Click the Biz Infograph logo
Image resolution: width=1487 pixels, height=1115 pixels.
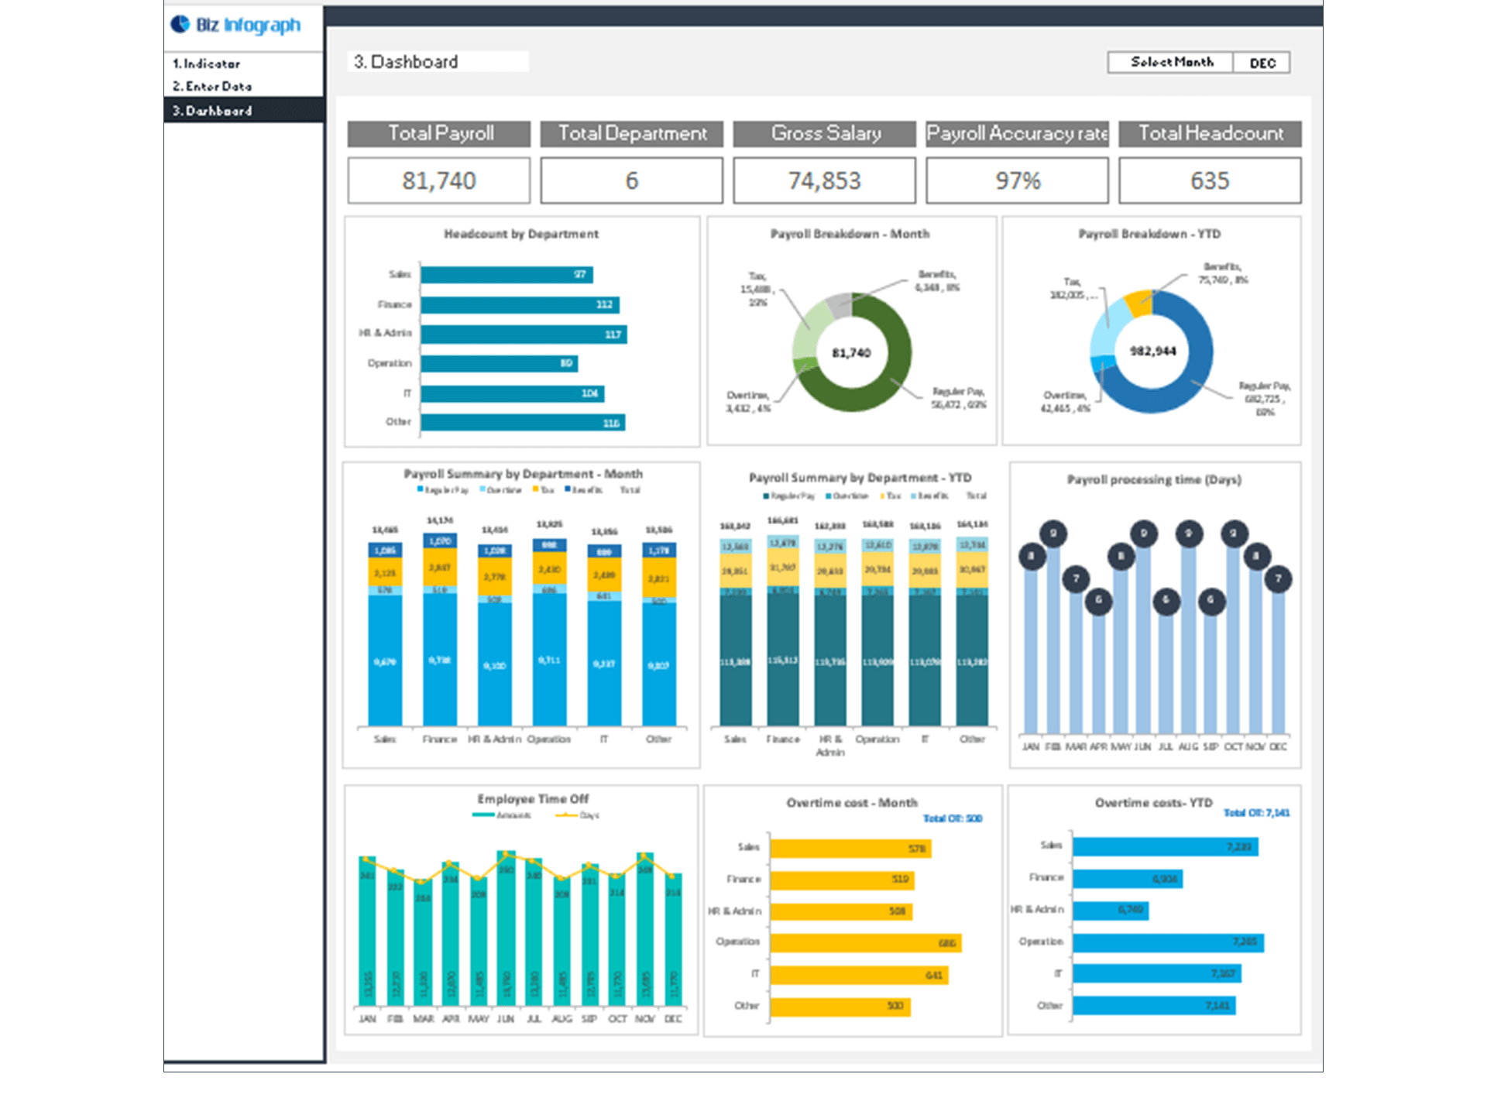point(235,25)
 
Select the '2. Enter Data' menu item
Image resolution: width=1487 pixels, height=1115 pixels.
point(212,86)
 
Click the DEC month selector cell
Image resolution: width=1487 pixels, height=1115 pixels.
point(1262,63)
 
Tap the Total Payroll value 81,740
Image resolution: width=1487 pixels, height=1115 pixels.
point(438,180)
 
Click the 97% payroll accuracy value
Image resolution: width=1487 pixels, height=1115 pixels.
point(1017,180)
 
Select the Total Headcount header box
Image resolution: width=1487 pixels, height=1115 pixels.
point(1210,133)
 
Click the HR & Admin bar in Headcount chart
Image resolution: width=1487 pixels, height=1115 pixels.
point(524,334)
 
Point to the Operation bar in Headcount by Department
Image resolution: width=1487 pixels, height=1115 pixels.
point(499,363)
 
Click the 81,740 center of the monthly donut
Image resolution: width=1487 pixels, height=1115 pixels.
point(851,353)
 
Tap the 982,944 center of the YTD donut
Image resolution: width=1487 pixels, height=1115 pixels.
point(1152,352)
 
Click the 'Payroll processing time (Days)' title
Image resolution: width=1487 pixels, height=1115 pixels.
point(1154,480)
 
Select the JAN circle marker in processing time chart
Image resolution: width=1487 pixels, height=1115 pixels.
point(1031,556)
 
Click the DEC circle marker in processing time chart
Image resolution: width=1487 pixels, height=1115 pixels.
point(1278,578)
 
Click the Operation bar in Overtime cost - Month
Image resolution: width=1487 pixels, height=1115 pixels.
point(865,942)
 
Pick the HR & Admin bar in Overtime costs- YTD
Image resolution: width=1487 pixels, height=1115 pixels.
point(1110,910)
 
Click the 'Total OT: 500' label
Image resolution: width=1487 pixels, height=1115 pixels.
point(952,818)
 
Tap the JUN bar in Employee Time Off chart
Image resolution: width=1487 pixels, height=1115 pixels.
point(506,929)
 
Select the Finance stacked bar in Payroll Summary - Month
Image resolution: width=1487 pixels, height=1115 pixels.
point(439,629)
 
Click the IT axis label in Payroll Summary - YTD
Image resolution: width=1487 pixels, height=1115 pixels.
point(925,739)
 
